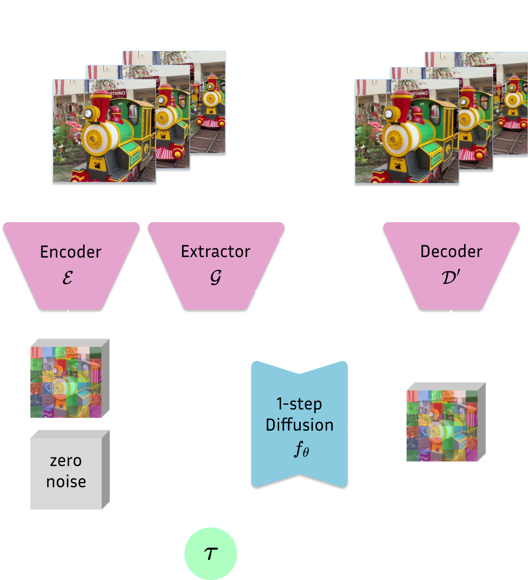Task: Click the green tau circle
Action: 211,554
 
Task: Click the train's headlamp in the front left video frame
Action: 89,114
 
